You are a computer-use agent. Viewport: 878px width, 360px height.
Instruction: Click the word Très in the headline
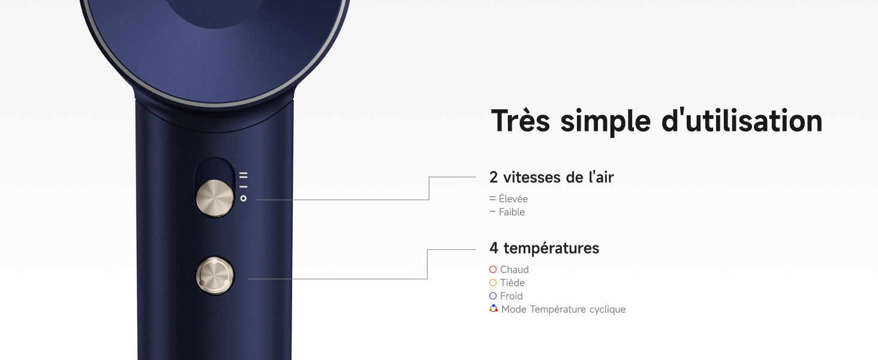(521, 121)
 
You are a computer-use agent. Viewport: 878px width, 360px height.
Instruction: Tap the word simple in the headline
(606, 122)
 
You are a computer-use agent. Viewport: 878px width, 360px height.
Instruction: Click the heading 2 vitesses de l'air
(552, 177)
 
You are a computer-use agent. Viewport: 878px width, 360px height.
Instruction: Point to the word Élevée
(513, 199)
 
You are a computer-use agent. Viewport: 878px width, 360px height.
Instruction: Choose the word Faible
(512, 212)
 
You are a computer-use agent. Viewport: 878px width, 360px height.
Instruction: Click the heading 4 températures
(545, 248)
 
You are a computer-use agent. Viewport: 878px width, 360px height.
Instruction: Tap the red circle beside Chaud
(493, 269)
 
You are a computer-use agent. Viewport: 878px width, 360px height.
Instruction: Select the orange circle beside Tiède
(493, 283)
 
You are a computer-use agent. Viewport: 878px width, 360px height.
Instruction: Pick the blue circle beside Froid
(493, 296)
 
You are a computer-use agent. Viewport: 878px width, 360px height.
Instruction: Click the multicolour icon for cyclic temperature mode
(494, 308)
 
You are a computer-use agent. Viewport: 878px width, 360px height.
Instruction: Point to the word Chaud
(514, 270)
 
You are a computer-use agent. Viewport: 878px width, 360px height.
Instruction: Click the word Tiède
(512, 283)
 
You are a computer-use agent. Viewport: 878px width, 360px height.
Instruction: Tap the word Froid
(511, 296)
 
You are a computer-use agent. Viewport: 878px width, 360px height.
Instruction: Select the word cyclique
(607, 310)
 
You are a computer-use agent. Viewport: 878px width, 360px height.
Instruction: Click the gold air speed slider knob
(215, 198)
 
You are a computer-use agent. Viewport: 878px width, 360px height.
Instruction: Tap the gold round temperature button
(215, 275)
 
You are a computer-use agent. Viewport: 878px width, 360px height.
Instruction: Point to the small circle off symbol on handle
(243, 199)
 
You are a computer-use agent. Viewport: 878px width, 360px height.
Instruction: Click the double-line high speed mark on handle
(243, 175)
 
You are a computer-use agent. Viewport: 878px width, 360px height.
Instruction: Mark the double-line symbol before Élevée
(492, 199)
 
